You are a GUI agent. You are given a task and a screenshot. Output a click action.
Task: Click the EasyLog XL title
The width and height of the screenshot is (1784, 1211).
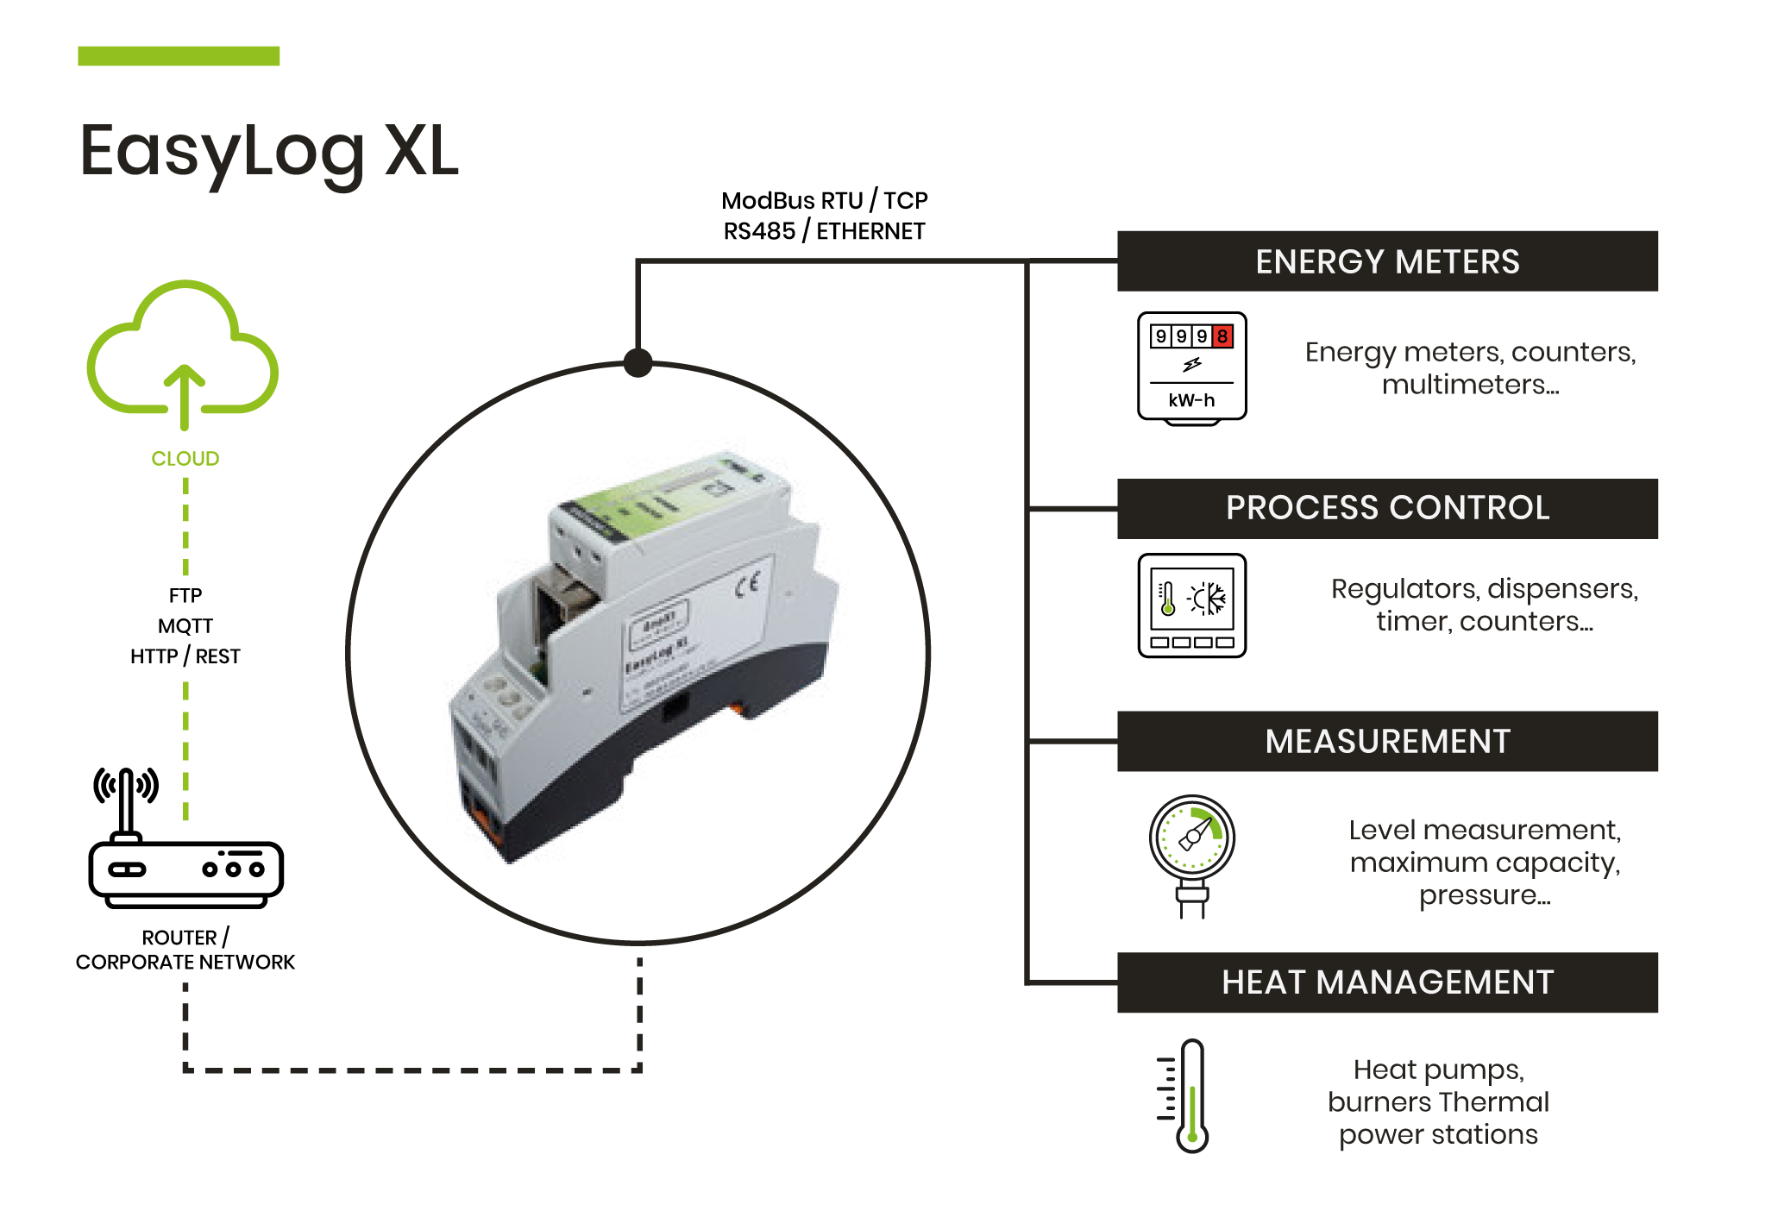[x=268, y=152]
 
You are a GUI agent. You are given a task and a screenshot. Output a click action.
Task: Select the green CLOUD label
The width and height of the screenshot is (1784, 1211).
[x=185, y=459]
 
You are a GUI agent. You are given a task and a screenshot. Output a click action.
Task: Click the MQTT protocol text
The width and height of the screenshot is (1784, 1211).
[x=185, y=626]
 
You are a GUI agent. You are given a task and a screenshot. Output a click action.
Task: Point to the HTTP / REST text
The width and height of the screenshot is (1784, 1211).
[x=185, y=656]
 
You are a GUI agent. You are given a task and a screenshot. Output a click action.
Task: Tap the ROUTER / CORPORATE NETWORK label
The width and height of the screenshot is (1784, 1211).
[x=185, y=950]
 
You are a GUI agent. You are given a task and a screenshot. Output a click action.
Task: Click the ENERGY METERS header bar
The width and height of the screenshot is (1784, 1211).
[x=1386, y=261]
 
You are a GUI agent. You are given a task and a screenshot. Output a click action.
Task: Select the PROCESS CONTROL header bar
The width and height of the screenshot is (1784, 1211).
[x=1386, y=508]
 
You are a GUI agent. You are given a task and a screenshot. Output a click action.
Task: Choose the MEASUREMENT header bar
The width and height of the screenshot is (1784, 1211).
[x=1386, y=741]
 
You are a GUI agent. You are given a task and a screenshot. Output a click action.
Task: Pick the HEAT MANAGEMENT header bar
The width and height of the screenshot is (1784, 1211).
[x=1386, y=982]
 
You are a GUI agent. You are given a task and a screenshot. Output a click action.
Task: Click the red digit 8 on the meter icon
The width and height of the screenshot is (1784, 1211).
[x=1222, y=336]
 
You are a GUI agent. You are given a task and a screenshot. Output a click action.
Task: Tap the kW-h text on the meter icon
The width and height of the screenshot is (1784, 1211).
[x=1191, y=400]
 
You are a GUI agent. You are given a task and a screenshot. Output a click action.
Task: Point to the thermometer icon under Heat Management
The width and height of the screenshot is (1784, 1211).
[x=1187, y=1095]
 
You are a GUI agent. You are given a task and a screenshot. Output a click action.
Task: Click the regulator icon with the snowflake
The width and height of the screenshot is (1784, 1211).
[x=1191, y=605]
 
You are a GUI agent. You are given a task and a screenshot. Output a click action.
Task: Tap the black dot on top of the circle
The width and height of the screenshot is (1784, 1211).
[x=638, y=362]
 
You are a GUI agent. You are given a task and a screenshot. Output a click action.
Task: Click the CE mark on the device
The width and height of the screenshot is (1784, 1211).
[x=747, y=585]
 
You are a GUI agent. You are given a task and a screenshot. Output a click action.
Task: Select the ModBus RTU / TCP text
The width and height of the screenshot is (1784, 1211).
[x=824, y=201]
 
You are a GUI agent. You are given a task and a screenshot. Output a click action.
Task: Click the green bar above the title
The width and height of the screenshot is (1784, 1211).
[x=179, y=56]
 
